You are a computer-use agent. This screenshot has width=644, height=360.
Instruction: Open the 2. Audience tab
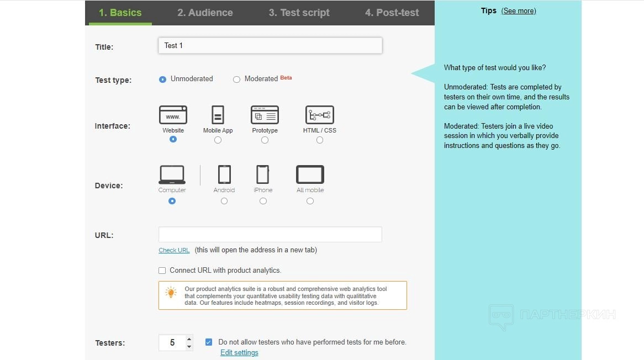coord(205,13)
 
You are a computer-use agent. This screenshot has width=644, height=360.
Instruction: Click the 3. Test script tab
coord(299,13)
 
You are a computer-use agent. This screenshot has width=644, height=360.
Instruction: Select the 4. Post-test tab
coord(392,13)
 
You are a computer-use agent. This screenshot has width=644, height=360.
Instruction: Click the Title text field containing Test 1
coord(270,46)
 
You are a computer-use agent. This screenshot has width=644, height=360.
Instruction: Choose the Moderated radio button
coord(236,79)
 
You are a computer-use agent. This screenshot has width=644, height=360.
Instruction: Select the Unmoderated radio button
coord(162,79)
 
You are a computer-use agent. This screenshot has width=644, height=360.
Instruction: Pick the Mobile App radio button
coord(218,140)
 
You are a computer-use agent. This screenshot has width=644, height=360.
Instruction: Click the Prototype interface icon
coord(265,114)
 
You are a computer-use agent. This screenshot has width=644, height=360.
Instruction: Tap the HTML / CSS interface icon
coord(320,114)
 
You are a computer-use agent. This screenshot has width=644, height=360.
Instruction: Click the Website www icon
coord(173,114)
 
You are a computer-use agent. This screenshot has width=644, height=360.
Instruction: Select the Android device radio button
coord(224,201)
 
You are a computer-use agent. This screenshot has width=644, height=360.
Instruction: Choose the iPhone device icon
coord(263,174)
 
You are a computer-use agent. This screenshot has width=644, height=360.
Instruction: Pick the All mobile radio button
coord(310,201)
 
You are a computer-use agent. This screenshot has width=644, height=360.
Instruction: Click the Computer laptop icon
coord(172,174)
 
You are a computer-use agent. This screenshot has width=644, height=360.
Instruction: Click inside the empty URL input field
coord(270,235)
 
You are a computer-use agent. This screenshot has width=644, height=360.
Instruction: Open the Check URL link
coord(174,250)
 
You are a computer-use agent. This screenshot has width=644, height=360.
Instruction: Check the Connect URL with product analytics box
coord(162,271)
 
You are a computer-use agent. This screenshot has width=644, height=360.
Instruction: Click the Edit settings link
coord(240,353)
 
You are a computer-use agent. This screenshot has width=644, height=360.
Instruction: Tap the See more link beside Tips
coord(519,11)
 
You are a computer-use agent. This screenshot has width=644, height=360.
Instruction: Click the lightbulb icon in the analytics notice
coord(171,292)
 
